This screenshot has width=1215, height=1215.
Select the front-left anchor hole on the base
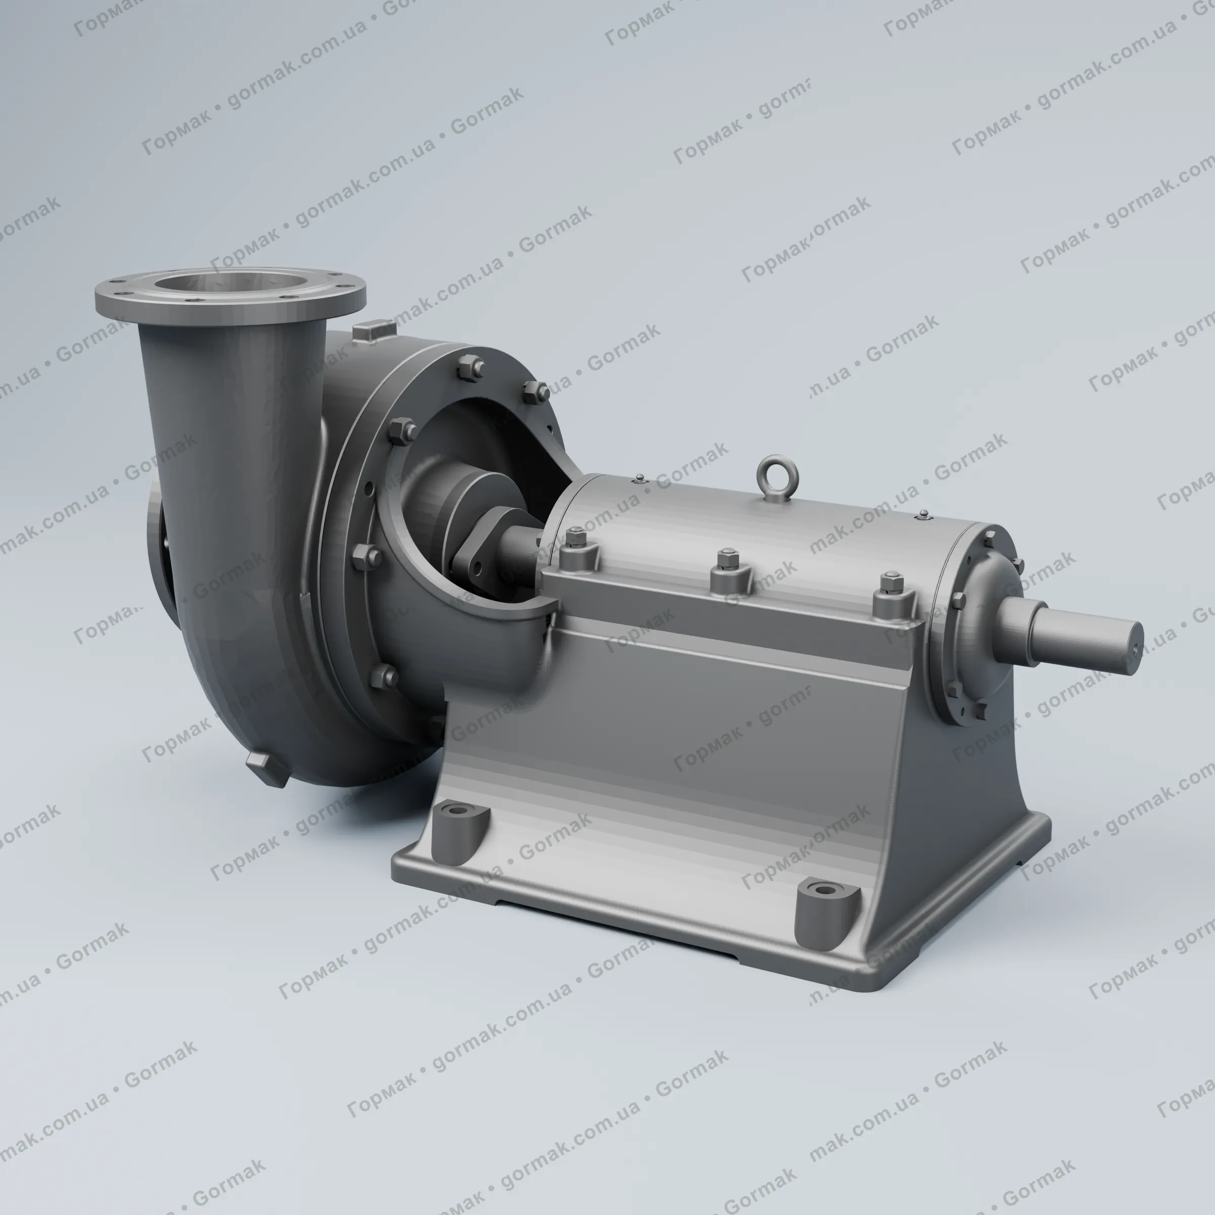pos(459,809)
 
